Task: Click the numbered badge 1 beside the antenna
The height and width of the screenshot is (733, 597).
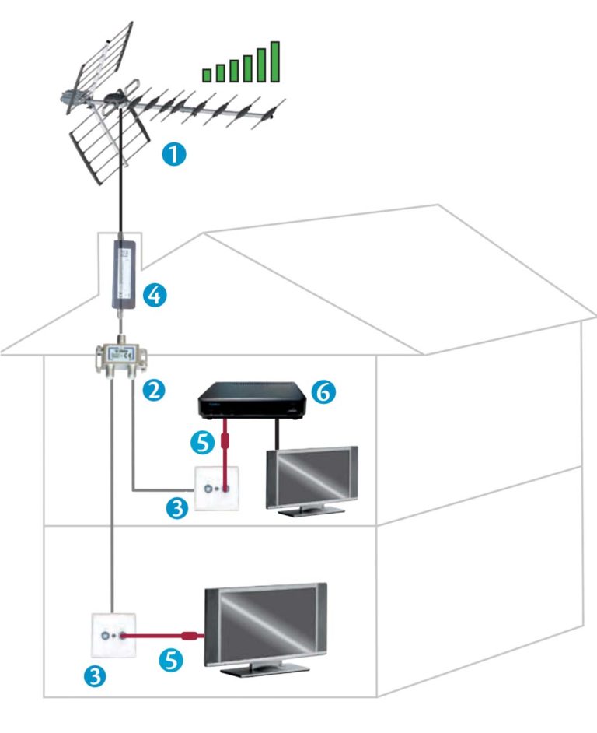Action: tap(174, 153)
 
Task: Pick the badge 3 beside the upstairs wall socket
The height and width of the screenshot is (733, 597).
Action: tap(178, 510)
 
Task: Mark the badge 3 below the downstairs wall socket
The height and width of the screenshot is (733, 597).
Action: tap(96, 676)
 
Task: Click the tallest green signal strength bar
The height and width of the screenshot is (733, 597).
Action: tap(274, 61)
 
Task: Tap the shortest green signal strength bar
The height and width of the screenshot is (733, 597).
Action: tap(207, 75)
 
